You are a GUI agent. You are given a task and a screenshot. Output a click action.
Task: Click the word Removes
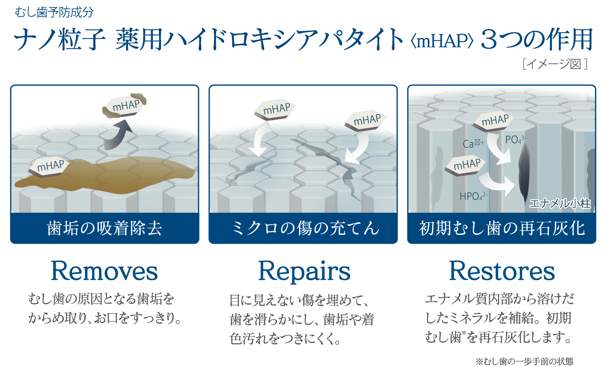pyautogui.click(x=104, y=271)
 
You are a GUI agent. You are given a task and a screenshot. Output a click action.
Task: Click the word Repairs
pyautogui.click(x=304, y=271)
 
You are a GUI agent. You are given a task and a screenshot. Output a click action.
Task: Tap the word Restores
pyautogui.click(x=502, y=271)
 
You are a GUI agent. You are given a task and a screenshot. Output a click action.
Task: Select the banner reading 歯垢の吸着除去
pyautogui.click(x=105, y=228)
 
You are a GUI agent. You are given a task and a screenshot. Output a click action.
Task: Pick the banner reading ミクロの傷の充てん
pyautogui.click(x=303, y=228)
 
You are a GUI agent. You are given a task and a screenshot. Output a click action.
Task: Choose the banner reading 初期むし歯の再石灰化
pyautogui.click(x=502, y=228)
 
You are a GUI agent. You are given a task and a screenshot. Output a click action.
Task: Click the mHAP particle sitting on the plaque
pyautogui.click(x=50, y=166)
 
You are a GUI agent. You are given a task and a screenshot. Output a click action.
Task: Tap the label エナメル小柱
pyautogui.click(x=560, y=203)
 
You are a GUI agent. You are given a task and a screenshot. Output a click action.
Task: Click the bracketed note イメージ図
pyautogui.click(x=555, y=64)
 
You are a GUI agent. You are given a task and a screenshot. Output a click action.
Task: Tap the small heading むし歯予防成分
pyautogui.click(x=54, y=12)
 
